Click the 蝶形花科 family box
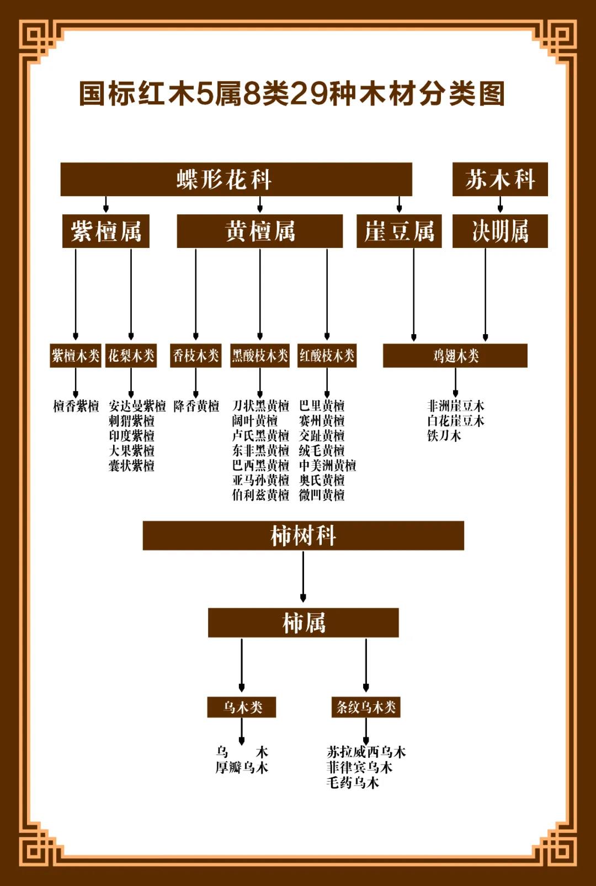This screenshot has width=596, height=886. point(236,179)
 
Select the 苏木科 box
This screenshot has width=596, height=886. point(500,179)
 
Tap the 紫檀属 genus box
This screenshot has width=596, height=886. point(106,231)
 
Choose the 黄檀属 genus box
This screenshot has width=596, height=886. point(260,231)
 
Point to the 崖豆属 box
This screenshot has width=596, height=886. point(399,231)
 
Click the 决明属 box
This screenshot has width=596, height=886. point(500,231)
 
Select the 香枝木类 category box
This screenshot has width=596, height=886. point(196,356)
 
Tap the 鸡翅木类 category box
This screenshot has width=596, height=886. point(455,356)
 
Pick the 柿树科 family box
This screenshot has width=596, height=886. point(303,536)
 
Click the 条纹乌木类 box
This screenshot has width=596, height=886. point(366,707)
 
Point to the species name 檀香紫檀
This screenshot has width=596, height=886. point(76,406)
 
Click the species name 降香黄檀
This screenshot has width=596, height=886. point(196,406)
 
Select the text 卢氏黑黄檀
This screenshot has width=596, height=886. point(260,436)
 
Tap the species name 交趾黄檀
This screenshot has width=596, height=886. point(322,436)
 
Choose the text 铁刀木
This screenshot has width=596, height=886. point(444,436)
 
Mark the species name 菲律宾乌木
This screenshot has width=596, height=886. point(359,767)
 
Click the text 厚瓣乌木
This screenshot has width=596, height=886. point(242,767)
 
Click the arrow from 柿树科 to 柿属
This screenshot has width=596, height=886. point(303,576)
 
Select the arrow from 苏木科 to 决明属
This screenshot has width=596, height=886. point(500,204)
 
